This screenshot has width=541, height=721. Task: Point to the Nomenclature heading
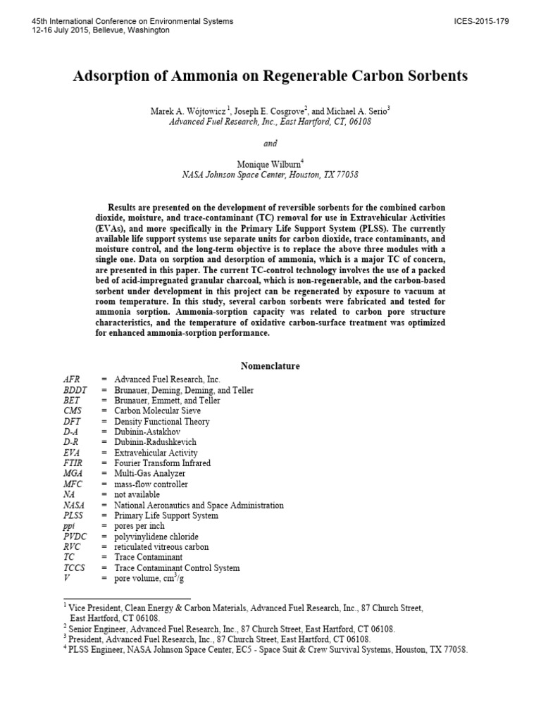[270, 366]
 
